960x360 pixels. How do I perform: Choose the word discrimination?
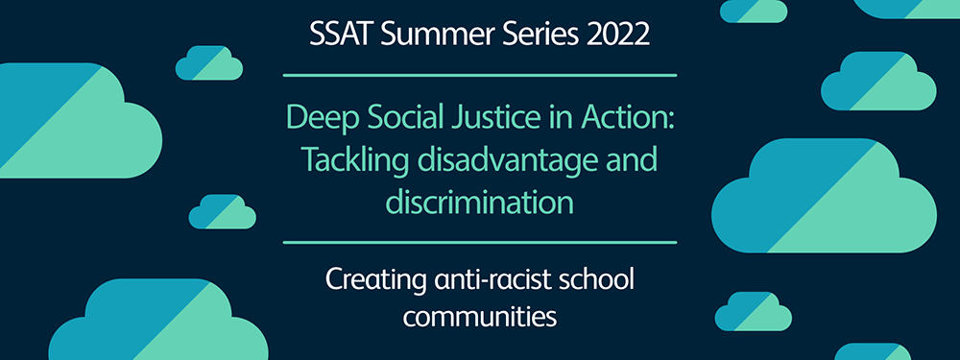[x=480, y=202]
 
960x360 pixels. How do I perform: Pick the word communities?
[x=480, y=318]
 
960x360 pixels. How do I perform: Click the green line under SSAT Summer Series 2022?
[x=480, y=75]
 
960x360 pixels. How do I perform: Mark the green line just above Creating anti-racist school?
[x=480, y=243]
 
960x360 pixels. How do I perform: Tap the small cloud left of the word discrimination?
[x=223, y=212]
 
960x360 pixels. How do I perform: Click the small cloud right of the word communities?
[x=753, y=311]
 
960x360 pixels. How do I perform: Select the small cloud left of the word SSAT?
[x=209, y=63]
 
